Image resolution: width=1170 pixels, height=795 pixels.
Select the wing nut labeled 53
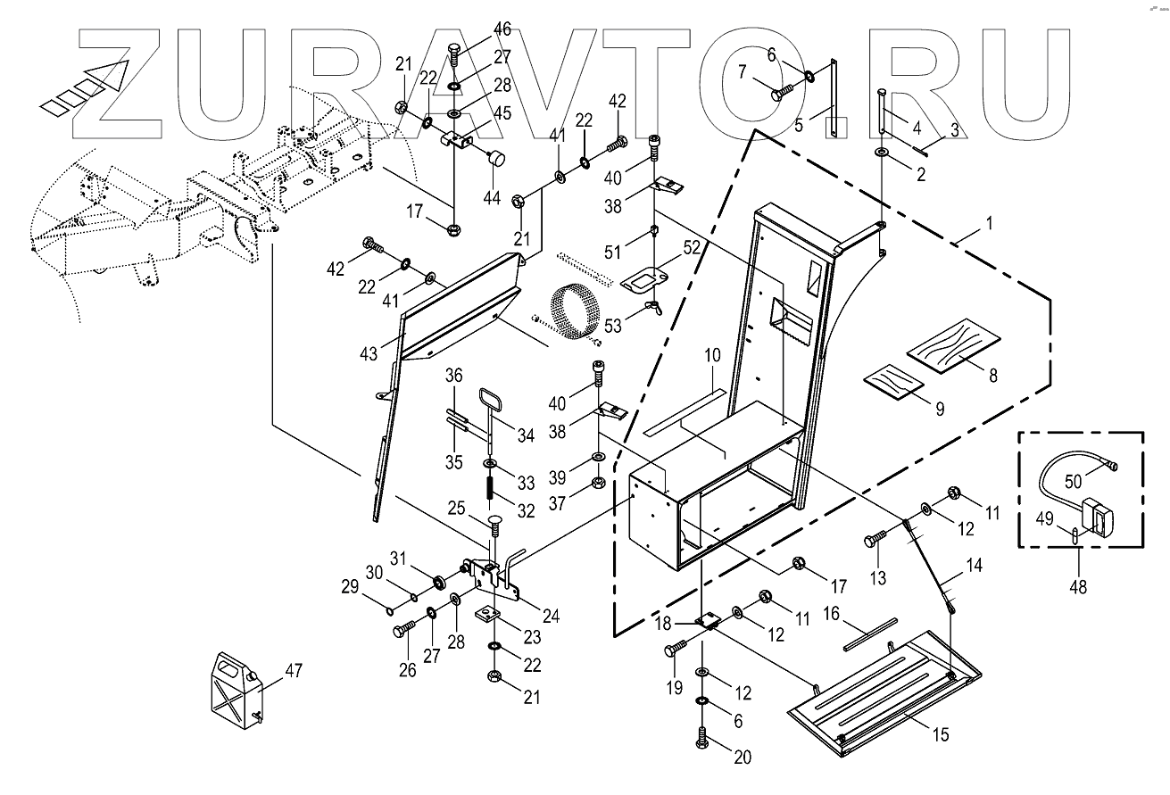653,310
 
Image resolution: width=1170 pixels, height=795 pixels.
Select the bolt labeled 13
877,540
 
